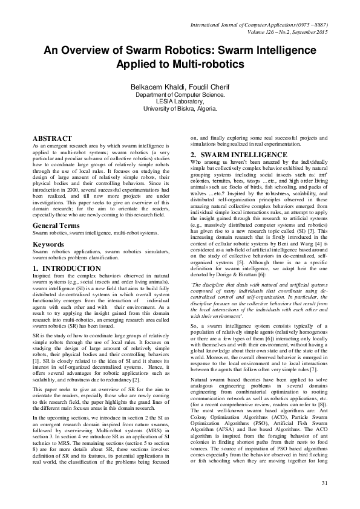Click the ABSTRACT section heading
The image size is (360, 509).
click(x=52, y=138)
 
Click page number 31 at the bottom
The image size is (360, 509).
click(x=324, y=499)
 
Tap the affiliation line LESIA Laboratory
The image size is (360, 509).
click(x=180, y=102)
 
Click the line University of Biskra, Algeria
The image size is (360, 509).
click(x=180, y=109)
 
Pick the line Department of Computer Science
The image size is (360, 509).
click(x=180, y=95)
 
